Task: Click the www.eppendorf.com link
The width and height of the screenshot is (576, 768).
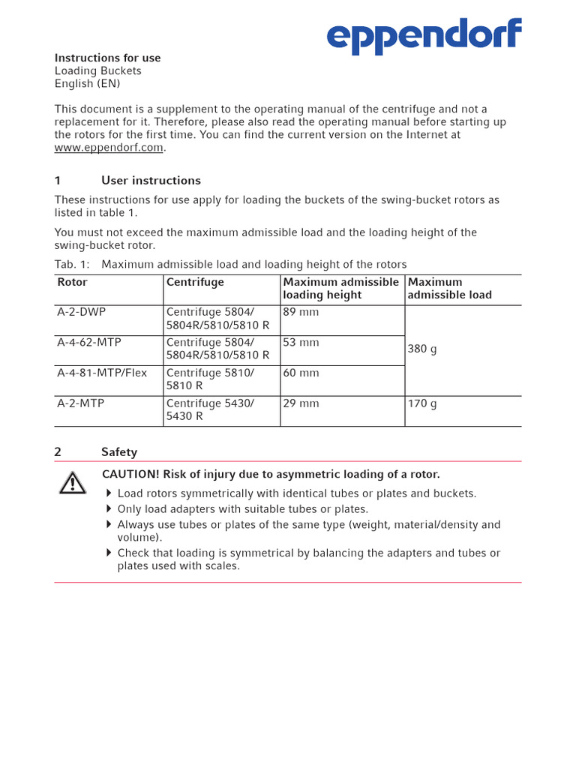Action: tap(109, 148)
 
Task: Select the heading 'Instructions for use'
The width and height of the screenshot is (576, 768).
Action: tap(107, 58)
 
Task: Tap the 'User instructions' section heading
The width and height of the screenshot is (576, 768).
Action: tap(151, 181)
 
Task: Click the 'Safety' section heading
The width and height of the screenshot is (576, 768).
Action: tap(119, 452)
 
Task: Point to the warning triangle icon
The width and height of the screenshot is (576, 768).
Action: tap(73, 483)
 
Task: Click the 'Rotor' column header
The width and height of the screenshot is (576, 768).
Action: tap(73, 283)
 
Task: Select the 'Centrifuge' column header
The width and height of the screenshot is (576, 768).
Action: tap(195, 283)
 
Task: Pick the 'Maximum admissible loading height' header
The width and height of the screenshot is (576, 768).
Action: tap(341, 289)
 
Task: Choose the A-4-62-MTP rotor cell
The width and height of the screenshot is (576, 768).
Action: tap(89, 343)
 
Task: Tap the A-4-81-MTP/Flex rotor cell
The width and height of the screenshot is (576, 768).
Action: tap(102, 373)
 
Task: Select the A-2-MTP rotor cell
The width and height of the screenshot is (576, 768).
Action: tap(81, 403)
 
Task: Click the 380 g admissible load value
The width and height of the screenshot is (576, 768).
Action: tap(422, 349)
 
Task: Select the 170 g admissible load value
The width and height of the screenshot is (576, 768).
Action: tap(422, 403)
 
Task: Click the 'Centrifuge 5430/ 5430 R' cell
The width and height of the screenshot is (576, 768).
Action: tap(210, 409)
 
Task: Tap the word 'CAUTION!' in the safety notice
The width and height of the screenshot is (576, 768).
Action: tap(129, 474)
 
